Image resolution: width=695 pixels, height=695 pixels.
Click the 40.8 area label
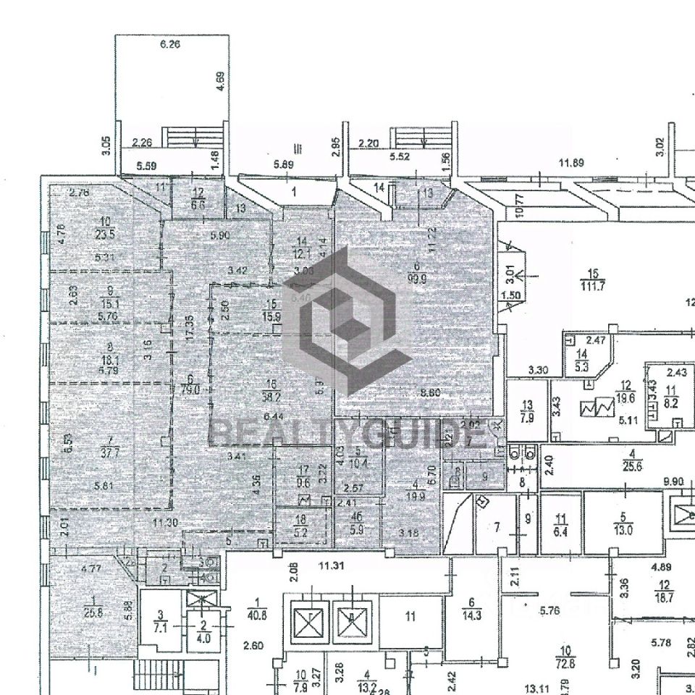[x=257, y=615]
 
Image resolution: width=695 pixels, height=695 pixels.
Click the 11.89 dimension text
[x=570, y=163]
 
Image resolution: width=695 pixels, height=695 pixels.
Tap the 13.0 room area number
[x=623, y=529]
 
